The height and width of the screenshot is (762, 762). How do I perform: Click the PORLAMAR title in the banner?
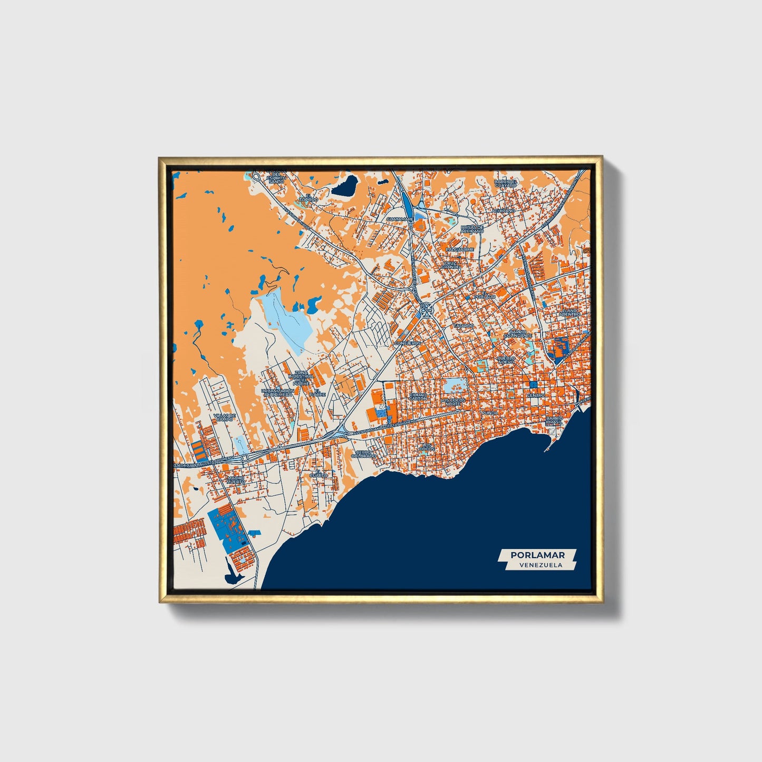537,555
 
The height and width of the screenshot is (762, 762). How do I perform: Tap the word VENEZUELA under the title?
540,565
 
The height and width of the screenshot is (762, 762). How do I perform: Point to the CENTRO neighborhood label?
536,395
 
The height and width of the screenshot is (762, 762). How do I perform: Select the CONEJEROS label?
408,343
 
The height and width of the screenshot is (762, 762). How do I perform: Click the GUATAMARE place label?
400,218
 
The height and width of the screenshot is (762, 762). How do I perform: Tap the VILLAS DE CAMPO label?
224,417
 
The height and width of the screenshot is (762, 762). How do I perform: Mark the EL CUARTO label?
319,474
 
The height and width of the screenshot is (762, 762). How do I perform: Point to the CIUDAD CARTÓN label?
418,396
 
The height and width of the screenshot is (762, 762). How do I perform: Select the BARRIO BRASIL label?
555,420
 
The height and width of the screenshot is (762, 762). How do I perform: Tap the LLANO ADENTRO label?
570,312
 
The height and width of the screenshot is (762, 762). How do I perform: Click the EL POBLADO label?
485,295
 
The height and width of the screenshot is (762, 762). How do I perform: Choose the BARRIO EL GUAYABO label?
506,183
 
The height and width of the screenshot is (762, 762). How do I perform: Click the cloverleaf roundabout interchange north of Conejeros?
426,310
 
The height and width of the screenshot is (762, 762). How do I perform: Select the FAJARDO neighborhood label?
464,326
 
